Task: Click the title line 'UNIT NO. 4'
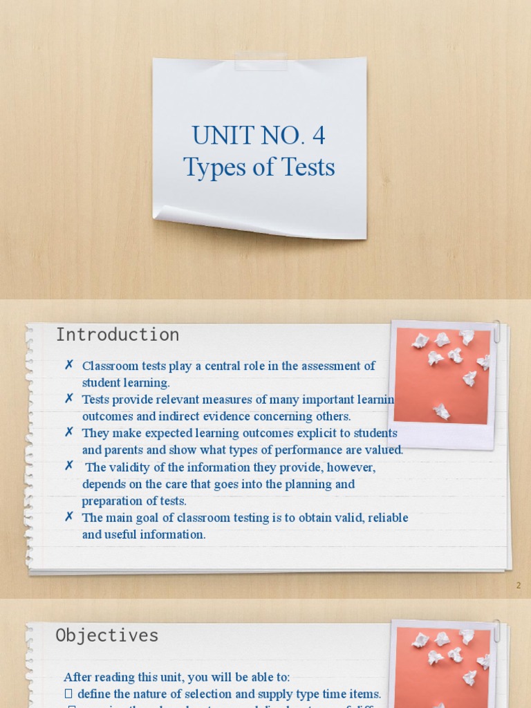pos(259,136)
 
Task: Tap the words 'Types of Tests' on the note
pos(259,167)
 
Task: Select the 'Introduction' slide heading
pos(118,335)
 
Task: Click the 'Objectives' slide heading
pos(107,635)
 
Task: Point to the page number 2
pos(519,586)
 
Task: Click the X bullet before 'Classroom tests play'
pos(69,365)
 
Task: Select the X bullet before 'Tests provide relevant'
pos(69,399)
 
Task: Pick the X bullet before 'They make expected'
pos(69,432)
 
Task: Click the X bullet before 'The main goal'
pos(69,516)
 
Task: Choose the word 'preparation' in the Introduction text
pos(111,501)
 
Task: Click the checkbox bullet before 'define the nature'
pos(68,693)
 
